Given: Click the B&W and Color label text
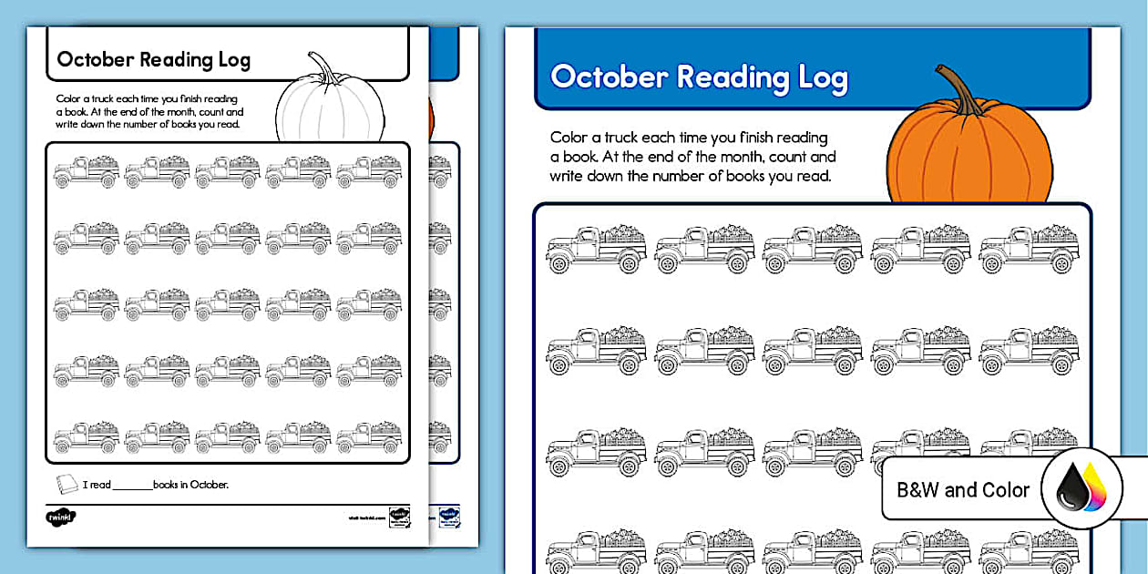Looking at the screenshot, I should pos(963,490).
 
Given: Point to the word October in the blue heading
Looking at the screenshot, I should pos(609,77).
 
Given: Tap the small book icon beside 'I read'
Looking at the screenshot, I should pos(67,484).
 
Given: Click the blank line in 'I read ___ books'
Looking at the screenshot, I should pos(132,487).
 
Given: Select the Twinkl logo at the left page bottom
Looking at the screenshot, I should pos(60,518).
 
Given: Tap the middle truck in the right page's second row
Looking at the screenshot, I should pos(812,350).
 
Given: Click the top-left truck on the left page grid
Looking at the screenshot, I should pos(87,171).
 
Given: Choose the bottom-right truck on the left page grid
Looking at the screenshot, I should pos(369,437).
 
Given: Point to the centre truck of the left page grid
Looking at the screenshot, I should pos(228,305).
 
